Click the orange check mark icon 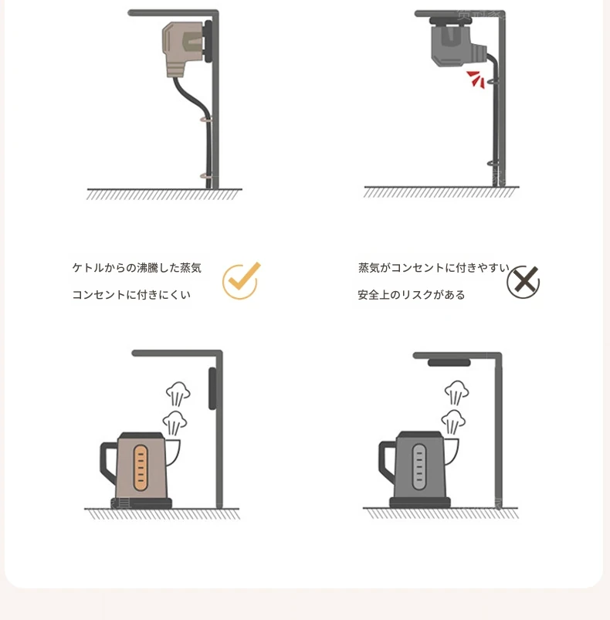coord(240,281)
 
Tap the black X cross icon coord(523,282)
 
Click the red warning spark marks coord(476,79)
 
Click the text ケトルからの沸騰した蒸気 coord(137,268)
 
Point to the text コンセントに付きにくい coord(131,295)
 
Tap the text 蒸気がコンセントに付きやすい coord(434,268)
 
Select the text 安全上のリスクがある coord(411,295)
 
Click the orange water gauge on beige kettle coord(141,468)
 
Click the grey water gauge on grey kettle coord(419,467)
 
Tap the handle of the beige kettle coord(107,462)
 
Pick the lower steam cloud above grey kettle coord(453,422)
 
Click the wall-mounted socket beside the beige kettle coord(212,388)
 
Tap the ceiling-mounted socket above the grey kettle coord(449,363)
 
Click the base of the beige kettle coord(141,503)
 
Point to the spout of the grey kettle coord(451,451)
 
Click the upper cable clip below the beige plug coord(206,119)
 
